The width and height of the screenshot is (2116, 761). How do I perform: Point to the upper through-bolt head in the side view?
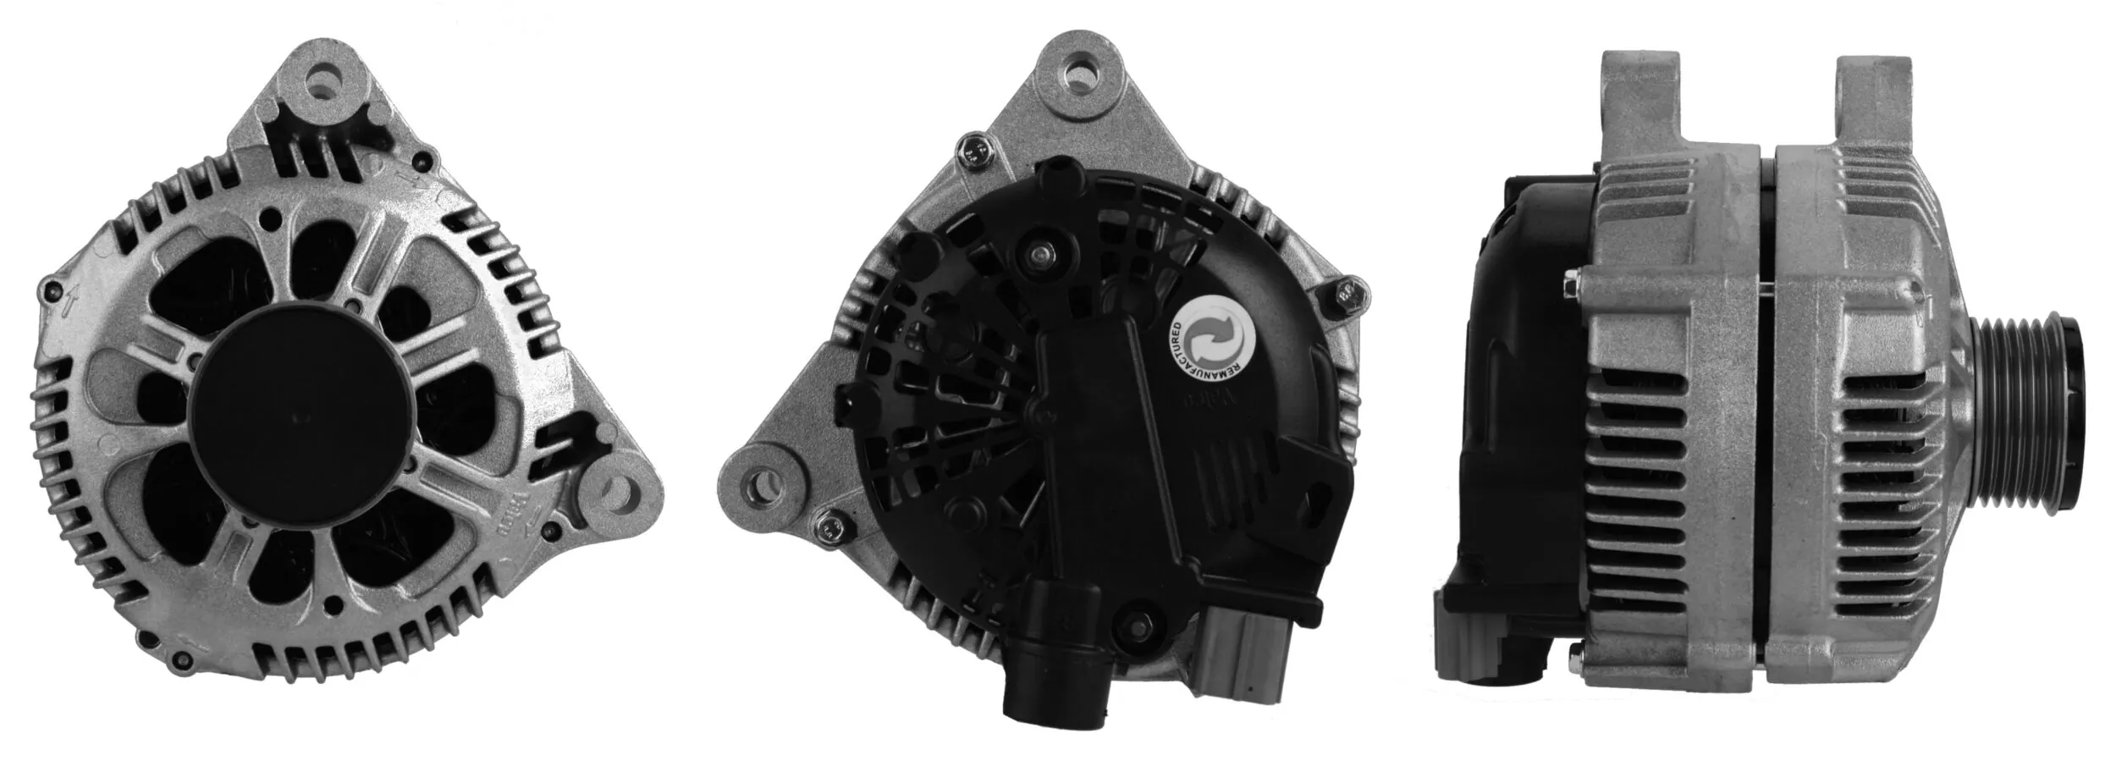[1571, 285]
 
